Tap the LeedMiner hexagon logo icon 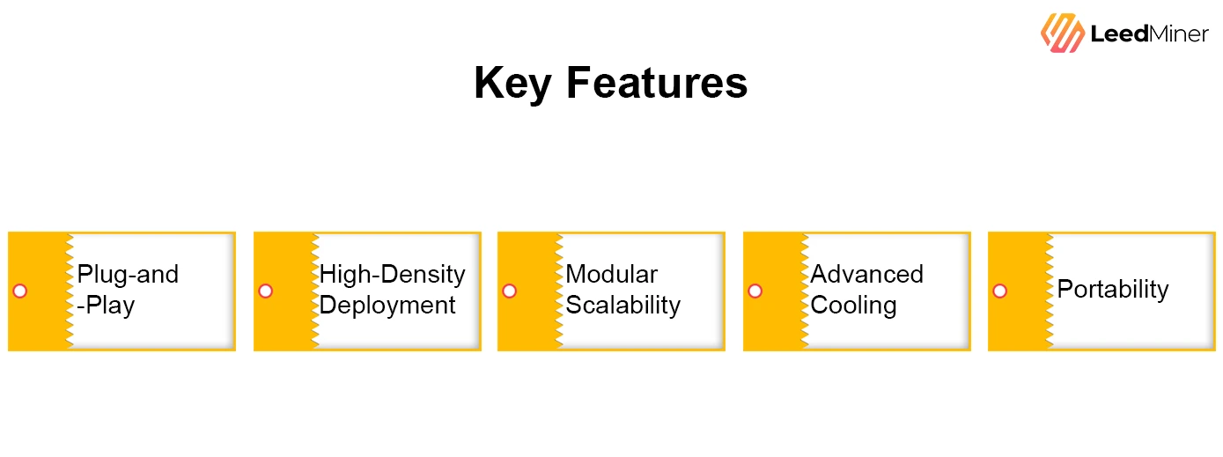[x=1062, y=33]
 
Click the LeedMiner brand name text [x=1149, y=34]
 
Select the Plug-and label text [x=128, y=275]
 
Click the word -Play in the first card [x=106, y=306]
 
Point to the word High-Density [x=392, y=275]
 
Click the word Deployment [x=387, y=306]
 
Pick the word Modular [x=611, y=275]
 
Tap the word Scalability [x=623, y=306]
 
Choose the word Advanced [x=866, y=275]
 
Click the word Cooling [x=853, y=306]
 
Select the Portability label [x=1112, y=290]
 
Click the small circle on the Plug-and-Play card [x=20, y=291]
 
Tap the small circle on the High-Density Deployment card [x=265, y=291]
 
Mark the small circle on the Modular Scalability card [x=509, y=291]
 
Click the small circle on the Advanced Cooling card [x=755, y=291]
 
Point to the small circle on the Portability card [x=999, y=291]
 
